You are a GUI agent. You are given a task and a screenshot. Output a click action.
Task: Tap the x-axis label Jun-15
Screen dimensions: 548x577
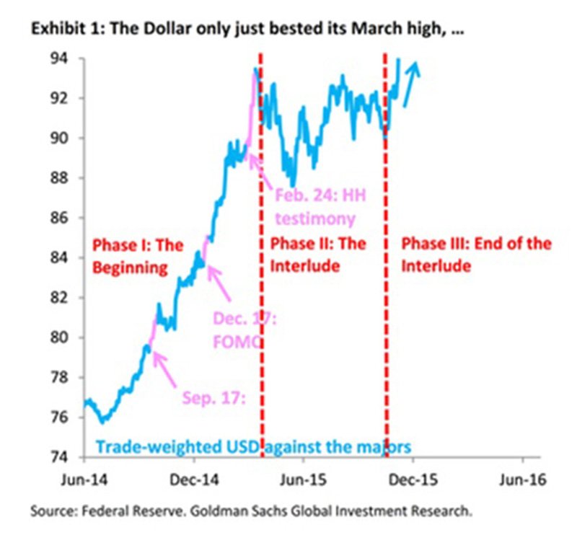(303, 478)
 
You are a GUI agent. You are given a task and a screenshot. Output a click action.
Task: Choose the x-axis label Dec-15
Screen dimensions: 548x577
(413, 478)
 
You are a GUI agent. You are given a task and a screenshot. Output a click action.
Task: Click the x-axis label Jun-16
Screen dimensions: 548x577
(522, 478)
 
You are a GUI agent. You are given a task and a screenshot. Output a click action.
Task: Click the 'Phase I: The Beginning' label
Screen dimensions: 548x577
(138, 257)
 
